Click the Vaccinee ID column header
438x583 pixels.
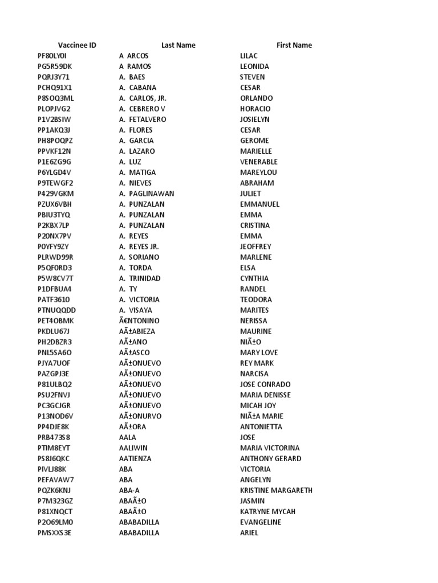click(77, 45)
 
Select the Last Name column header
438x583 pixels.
click(178, 45)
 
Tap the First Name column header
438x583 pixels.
click(294, 45)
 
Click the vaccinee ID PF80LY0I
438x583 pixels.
click(52, 56)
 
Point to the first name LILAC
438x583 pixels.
click(249, 56)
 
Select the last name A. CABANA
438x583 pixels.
click(137, 88)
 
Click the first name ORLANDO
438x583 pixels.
click(257, 98)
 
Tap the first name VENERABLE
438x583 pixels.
click(259, 162)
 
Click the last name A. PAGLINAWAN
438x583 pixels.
click(147, 194)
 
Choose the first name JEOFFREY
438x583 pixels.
click(255, 247)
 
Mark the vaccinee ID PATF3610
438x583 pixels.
click(54, 299)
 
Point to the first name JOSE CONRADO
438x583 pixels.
click(265, 384)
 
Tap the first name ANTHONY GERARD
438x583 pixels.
click(271, 458)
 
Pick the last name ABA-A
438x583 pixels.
click(131, 490)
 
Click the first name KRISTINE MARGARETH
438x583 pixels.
click(276, 490)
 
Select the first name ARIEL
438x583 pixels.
click(249, 533)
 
